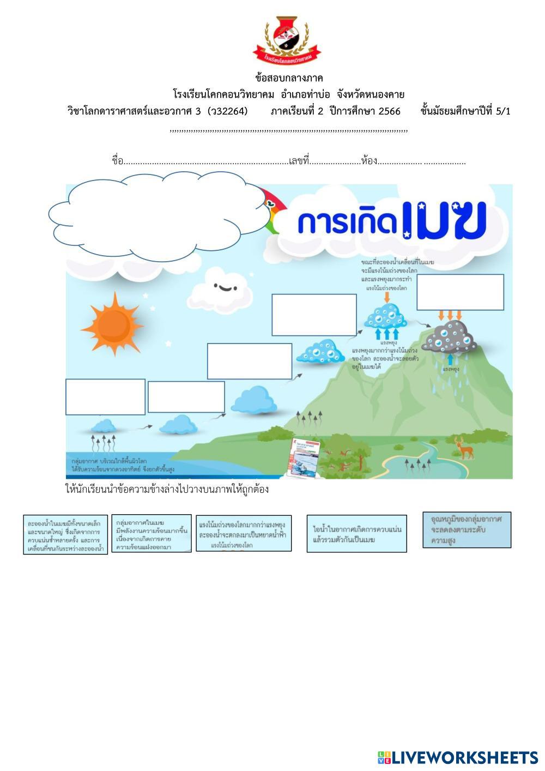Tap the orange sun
pyautogui.click(x=112, y=324)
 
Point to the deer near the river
pyautogui.click(x=464, y=448)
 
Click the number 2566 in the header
pyautogui.click(x=389, y=111)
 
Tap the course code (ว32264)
pyautogui.click(x=227, y=111)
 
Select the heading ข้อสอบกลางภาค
pyautogui.click(x=289, y=77)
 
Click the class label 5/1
pyautogui.click(x=503, y=111)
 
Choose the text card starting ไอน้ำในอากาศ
pyautogui.click(x=356, y=533)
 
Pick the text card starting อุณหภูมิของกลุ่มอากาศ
pyautogui.click(x=467, y=529)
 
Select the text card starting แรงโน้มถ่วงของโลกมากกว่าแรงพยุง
pyautogui.click(x=244, y=533)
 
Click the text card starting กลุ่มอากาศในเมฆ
pyautogui.click(x=152, y=533)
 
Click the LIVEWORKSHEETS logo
pyautogui.click(x=457, y=757)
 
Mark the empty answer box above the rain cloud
pyautogui.click(x=460, y=292)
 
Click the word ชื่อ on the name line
pyautogui.click(x=117, y=161)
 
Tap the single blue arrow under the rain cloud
pyautogui.click(x=450, y=360)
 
